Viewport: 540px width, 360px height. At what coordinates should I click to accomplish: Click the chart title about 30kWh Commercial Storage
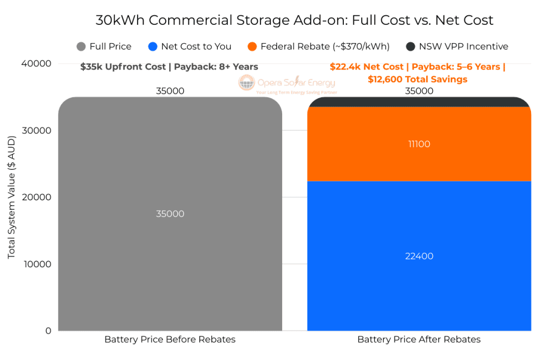coord(294,21)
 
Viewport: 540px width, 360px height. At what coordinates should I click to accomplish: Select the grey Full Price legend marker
coord(81,46)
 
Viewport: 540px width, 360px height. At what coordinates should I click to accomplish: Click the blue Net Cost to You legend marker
coord(153,46)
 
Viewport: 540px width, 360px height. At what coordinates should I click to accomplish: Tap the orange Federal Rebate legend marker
coord(252,46)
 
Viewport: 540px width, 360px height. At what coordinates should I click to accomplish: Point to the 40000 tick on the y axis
coord(36,64)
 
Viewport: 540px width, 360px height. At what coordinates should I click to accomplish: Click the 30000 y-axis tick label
coord(36,131)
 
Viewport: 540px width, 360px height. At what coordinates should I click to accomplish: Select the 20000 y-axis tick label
coord(36,197)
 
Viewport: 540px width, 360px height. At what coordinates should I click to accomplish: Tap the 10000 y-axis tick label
coord(36,264)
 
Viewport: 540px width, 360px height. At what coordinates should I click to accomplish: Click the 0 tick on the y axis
coord(48,331)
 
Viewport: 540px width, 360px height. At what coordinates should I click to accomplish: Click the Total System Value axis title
coord(12,197)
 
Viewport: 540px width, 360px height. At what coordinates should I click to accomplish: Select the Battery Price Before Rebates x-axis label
coord(170,339)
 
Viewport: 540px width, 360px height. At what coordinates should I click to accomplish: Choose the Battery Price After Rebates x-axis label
coord(419,339)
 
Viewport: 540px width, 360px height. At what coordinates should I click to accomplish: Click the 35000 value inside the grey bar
coord(170,214)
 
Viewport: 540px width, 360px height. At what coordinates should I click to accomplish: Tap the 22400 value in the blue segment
coord(419,256)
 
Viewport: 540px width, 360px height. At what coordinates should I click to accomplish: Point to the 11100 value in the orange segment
coord(419,144)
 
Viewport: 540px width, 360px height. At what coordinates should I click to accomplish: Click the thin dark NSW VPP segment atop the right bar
coord(419,102)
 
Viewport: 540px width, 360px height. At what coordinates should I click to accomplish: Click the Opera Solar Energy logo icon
coord(246,83)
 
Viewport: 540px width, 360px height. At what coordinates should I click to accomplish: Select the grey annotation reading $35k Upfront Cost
coord(169,67)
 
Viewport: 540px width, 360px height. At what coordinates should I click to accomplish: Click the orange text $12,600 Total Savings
coord(418,80)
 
